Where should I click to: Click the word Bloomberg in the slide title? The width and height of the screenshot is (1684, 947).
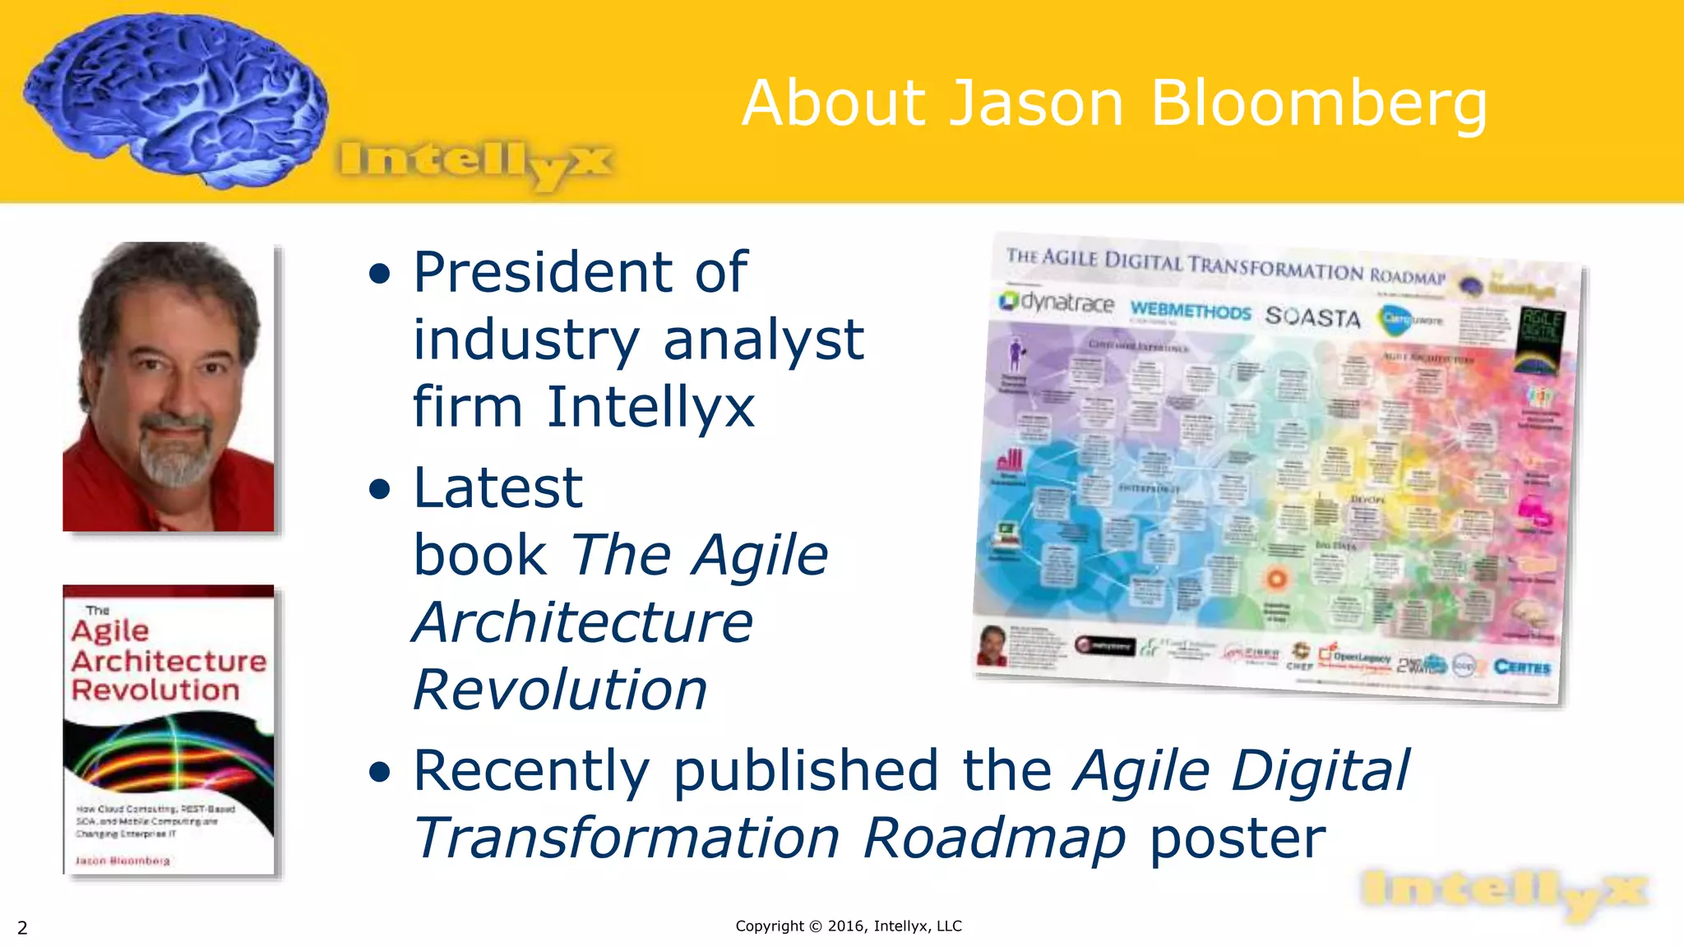coord(1318,104)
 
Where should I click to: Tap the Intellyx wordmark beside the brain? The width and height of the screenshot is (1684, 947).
coord(474,163)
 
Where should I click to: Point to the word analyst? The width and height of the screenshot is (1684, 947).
coord(763,340)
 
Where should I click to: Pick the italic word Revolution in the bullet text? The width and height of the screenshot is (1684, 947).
coord(559,690)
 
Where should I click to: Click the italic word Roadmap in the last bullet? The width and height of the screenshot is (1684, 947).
coord(993,838)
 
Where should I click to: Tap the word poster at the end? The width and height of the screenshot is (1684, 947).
coord(1237,838)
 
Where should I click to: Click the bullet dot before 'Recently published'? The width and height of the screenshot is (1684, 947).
coord(379,772)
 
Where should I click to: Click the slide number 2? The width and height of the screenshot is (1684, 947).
coord(22,928)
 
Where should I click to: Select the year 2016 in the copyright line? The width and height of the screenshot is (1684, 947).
coord(845,926)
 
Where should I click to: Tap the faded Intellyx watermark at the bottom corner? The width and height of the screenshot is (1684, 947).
coord(1503,894)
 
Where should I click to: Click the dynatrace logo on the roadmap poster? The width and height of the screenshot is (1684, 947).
coord(1057,303)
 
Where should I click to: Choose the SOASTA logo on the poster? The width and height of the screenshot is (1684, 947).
coord(1312,316)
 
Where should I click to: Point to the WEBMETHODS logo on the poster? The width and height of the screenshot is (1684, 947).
coord(1190,312)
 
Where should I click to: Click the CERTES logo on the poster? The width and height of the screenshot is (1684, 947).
coord(1522,667)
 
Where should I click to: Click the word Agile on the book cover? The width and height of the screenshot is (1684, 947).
coord(110,631)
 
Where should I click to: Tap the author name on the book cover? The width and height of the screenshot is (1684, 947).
coord(123,861)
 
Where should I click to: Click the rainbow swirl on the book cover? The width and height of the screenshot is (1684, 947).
coord(169,752)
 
